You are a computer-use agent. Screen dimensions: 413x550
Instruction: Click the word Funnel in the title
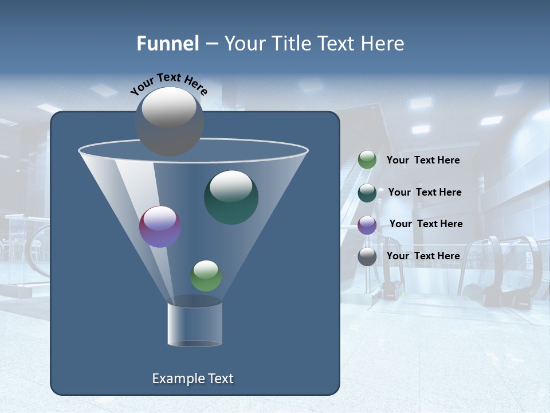coord(167,44)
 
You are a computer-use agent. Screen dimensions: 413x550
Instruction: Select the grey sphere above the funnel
coord(170,121)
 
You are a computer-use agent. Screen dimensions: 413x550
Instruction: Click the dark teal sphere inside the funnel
coord(231,197)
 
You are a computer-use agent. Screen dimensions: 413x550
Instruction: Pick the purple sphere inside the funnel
coord(160,227)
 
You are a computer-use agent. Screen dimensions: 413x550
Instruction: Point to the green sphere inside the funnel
coord(206,276)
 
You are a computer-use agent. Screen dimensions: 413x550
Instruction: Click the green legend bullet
coord(367,160)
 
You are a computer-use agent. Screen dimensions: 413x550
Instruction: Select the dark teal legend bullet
coord(367,192)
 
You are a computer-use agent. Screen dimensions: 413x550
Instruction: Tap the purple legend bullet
coord(367,224)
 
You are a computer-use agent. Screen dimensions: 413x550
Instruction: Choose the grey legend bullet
coord(367,256)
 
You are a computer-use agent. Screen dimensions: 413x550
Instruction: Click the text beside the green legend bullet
coord(423,161)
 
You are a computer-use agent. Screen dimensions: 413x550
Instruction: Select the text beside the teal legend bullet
coord(425,192)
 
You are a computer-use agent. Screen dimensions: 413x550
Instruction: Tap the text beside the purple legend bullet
coord(426,224)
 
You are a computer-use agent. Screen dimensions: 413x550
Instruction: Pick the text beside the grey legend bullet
coord(423,256)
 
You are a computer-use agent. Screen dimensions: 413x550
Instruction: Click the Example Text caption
coord(192,379)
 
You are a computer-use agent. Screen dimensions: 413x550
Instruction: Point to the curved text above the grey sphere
coord(168,84)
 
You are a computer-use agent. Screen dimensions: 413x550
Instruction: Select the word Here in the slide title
coord(382,44)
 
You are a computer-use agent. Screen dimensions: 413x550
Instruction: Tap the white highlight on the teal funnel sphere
coord(231,186)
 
